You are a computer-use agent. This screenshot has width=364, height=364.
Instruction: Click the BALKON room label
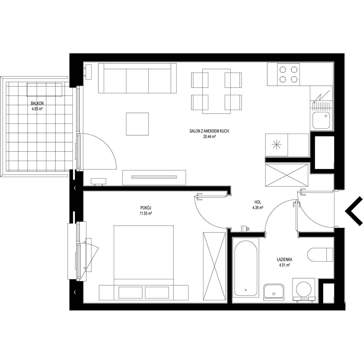(x=37, y=103)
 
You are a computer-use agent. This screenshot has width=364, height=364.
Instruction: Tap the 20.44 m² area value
(x=210, y=137)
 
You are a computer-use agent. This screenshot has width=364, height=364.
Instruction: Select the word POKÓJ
(x=146, y=208)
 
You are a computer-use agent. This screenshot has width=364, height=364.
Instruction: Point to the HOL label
(x=258, y=202)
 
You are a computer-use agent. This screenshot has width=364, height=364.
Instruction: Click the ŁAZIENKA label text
(x=284, y=260)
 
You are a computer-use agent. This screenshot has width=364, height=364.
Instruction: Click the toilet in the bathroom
(x=320, y=255)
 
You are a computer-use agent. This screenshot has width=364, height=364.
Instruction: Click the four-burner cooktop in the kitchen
(x=288, y=74)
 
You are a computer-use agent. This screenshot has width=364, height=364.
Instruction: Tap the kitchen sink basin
(x=321, y=120)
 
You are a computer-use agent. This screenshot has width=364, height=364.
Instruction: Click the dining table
(x=217, y=91)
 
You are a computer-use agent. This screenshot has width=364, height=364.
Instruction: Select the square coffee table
(x=137, y=124)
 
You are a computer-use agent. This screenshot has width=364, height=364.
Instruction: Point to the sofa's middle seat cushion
(x=137, y=81)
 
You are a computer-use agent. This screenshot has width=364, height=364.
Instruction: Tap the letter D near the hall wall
(x=248, y=229)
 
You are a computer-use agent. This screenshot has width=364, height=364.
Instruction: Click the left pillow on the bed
(x=131, y=292)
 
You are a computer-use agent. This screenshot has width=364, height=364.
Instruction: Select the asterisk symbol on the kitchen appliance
(x=276, y=145)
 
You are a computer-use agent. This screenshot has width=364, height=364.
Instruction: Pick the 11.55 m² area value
(x=146, y=214)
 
